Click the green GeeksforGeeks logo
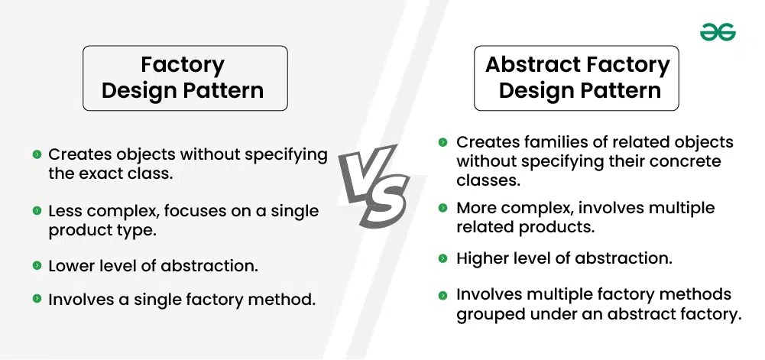click(718, 33)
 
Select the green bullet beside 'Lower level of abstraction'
click(37, 265)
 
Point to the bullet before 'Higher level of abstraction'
click(442, 258)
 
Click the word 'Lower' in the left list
click(70, 266)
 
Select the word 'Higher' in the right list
click(483, 258)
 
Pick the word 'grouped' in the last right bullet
click(490, 315)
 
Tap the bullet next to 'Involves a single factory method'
click(37, 299)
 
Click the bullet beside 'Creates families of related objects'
click(442, 142)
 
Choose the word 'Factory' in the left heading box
click(183, 65)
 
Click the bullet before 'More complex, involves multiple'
click(442, 208)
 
